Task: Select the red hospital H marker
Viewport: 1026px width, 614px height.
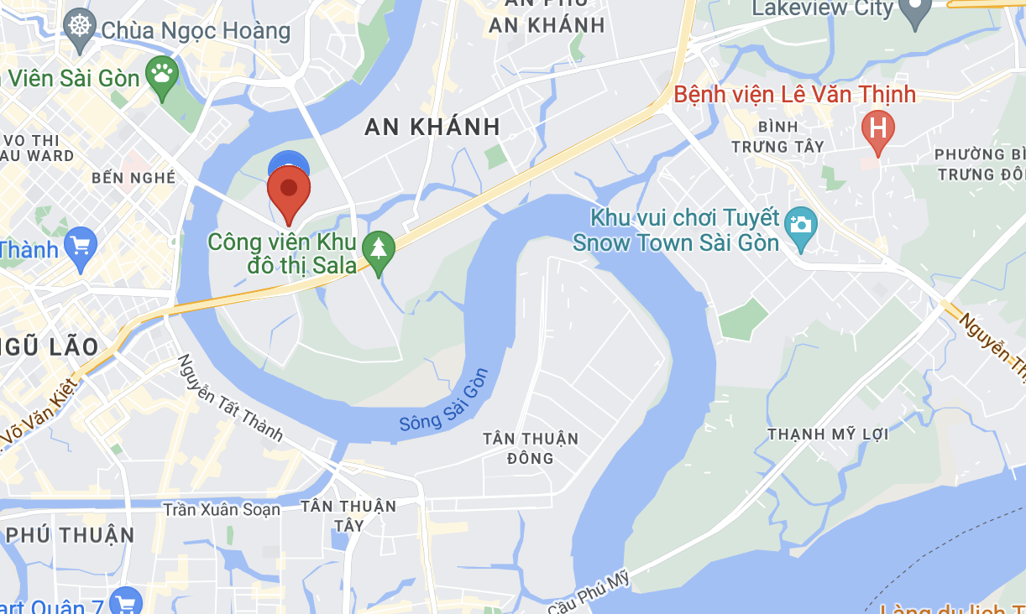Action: [878, 129]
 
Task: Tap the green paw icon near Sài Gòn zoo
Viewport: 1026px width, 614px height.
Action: [162, 75]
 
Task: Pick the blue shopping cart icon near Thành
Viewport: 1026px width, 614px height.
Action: [81, 247]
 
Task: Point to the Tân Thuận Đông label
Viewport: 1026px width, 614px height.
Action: [531, 448]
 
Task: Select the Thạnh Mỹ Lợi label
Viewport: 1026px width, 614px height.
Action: [828, 434]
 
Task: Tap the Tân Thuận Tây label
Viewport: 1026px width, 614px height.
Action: [348, 515]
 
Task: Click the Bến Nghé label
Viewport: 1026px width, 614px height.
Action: [134, 177]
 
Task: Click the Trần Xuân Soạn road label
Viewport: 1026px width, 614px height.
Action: [222, 509]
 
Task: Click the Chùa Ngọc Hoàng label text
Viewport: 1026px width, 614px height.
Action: [196, 31]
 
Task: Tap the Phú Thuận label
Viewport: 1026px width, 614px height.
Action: [71, 535]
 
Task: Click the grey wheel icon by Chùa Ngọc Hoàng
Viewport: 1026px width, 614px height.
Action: [81, 26]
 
